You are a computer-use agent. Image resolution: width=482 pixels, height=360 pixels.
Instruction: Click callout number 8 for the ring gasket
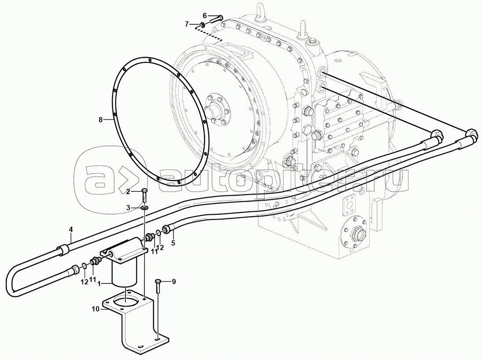coord(100,120)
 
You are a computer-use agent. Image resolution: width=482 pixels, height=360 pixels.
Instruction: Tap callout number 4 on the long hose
coord(71,229)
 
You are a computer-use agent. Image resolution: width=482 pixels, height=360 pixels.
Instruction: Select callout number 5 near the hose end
coord(173,243)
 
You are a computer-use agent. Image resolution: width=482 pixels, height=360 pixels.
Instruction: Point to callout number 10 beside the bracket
coord(96,309)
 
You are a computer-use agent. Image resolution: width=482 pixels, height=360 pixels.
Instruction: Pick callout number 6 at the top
coord(204,15)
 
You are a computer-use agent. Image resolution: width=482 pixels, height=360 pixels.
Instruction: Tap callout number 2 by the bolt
coord(129,192)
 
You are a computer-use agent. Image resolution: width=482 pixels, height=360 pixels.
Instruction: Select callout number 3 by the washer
coord(129,208)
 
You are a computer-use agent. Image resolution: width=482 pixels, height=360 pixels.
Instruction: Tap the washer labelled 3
coord(144,209)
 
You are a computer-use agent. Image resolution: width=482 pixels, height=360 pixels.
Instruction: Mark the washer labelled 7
coord(203,24)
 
